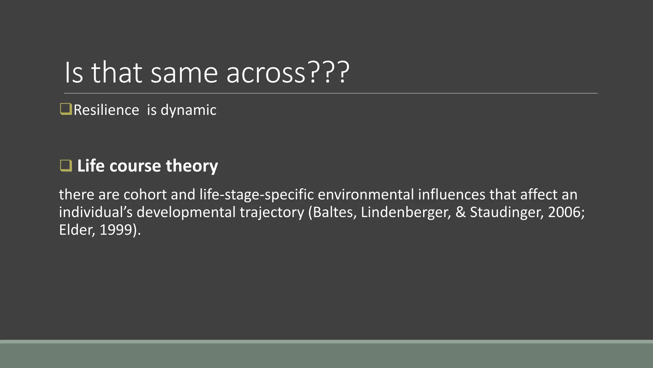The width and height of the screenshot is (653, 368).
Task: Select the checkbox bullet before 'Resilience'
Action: [66, 109]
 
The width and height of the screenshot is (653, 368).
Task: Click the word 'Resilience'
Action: [106, 110]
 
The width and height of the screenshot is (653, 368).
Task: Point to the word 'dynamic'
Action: [188, 110]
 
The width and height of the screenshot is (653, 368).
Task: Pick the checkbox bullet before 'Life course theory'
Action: [66, 166]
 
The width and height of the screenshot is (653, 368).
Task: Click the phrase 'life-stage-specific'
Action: [257, 195]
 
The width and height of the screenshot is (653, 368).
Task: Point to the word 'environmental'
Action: [366, 195]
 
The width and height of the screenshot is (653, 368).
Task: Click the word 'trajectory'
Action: [272, 212]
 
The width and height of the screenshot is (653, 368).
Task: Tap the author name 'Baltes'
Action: [334, 212]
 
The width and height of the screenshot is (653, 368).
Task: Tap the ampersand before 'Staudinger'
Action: [460, 212]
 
